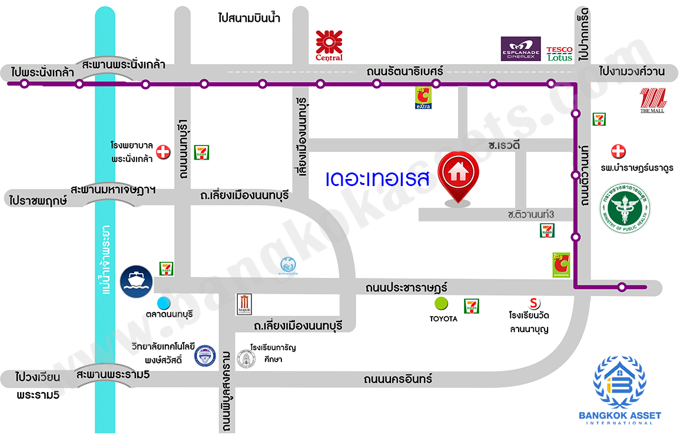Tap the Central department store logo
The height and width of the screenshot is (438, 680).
pyautogui.click(x=329, y=45)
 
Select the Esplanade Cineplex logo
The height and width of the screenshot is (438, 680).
pyautogui.click(x=520, y=49)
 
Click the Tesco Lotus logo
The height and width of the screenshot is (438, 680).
pyautogui.click(x=559, y=54)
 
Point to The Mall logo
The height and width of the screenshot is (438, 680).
pyautogui.click(x=652, y=100)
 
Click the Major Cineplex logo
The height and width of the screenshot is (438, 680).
pyautogui.click(x=244, y=304)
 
